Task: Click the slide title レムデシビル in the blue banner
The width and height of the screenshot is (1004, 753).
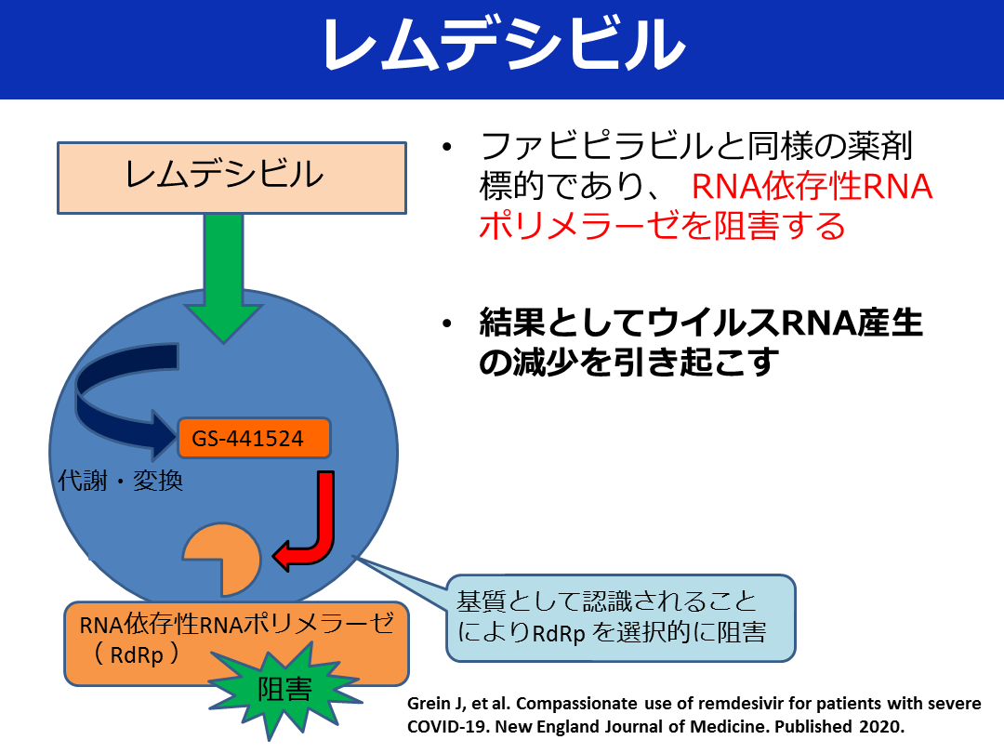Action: pyautogui.click(x=503, y=46)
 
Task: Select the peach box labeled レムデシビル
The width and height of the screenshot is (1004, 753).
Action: pyautogui.click(x=231, y=177)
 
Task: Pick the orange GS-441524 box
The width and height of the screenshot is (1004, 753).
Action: pyautogui.click(x=254, y=438)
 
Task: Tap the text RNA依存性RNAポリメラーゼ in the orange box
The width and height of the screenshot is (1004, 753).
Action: pyautogui.click(x=237, y=624)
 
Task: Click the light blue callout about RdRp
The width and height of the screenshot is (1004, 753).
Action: pyautogui.click(x=621, y=618)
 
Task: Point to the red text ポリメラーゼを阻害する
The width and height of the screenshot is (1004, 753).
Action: pyautogui.click(x=662, y=225)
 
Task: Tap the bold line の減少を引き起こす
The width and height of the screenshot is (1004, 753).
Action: pyautogui.click(x=627, y=363)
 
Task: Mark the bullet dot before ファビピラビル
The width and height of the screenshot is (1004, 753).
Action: pyautogui.click(x=448, y=147)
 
